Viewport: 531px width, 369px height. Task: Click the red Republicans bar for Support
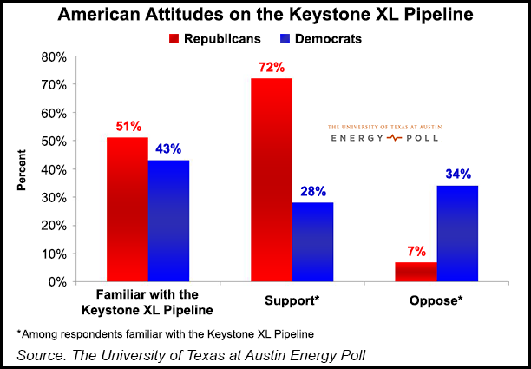(272, 180)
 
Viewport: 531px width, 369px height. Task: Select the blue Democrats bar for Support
(312, 241)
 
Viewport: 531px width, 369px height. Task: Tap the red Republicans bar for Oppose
(416, 271)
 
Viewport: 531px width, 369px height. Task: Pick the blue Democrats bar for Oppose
(457, 234)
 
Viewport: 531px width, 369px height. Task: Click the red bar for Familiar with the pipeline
(127, 209)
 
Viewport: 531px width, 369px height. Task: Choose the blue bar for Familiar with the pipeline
(168, 221)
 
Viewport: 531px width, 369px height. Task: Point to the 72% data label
(272, 67)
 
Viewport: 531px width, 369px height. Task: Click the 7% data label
(416, 251)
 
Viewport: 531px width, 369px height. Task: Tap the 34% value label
(457, 175)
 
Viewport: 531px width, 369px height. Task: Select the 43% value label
(168, 148)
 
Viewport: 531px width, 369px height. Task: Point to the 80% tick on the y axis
(55, 56)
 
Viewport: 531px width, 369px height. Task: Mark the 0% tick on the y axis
(58, 281)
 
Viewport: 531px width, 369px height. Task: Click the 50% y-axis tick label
(55, 141)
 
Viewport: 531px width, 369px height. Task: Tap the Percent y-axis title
(21, 170)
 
